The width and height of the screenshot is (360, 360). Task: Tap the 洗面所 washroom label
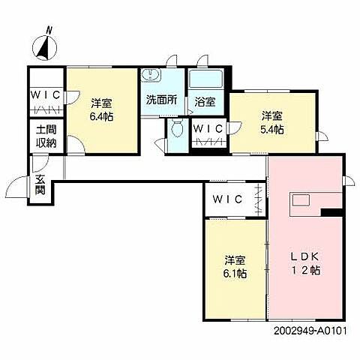(161, 99)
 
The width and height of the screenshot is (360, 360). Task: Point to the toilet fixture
(177, 128)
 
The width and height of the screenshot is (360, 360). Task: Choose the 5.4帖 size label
(272, 130)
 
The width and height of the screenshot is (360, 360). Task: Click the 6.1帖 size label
(235, 273)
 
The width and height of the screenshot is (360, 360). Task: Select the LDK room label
(305, 256)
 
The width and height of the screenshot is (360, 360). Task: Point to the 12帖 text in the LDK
(305, 270)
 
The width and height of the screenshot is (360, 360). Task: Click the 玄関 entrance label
(39, 185)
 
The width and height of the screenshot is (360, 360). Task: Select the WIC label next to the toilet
(208, 128)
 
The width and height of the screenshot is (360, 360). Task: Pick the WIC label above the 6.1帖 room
(226, 199)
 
